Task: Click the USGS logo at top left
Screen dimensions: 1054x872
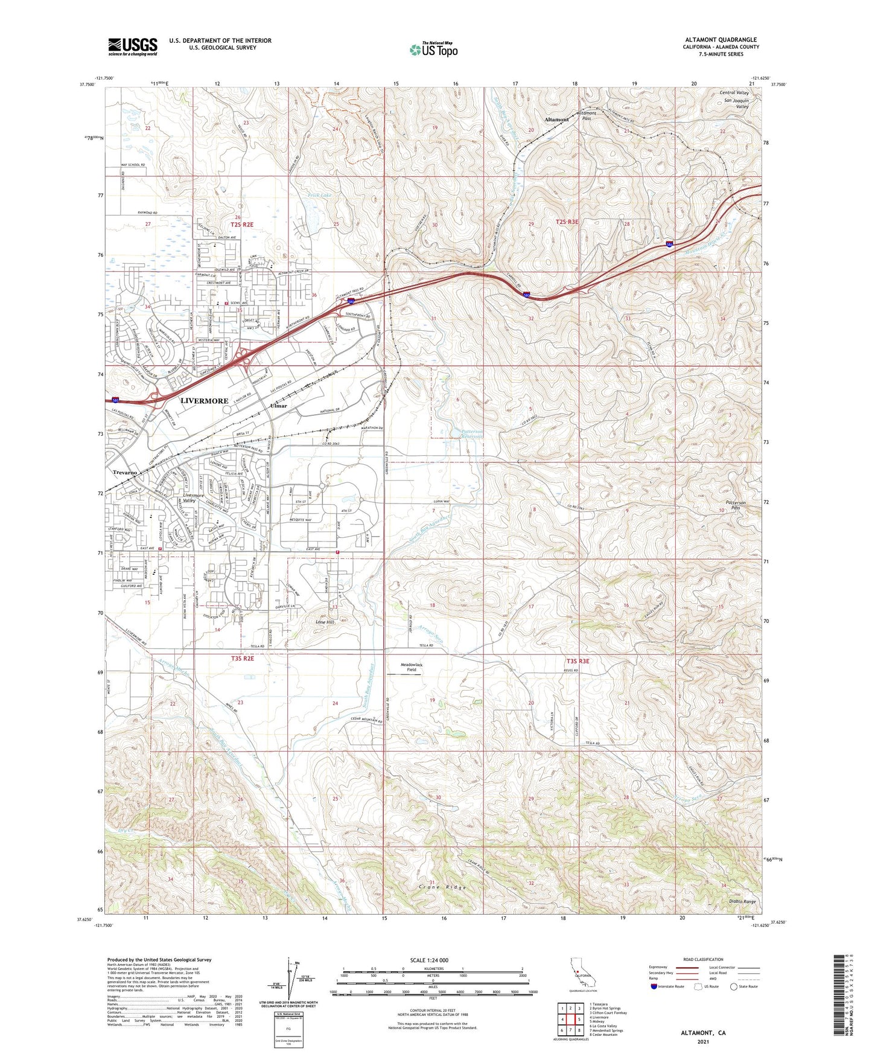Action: click(x=132, y=46)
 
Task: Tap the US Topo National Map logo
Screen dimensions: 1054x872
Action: click(x=433, y=49)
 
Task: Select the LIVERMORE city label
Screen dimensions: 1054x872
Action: click(x=204, y=401)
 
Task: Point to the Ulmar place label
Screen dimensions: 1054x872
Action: click(x=278, y=407)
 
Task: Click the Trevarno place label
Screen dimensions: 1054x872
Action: click(x=125, y=472)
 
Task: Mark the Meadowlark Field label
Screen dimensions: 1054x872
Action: click(x=412, y=667)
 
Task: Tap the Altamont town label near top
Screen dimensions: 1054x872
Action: click(x=556, y=120)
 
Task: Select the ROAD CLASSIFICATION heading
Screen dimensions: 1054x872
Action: click(x=703, y=959)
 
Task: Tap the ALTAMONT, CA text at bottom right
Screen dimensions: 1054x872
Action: click(x=703, y=1033)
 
